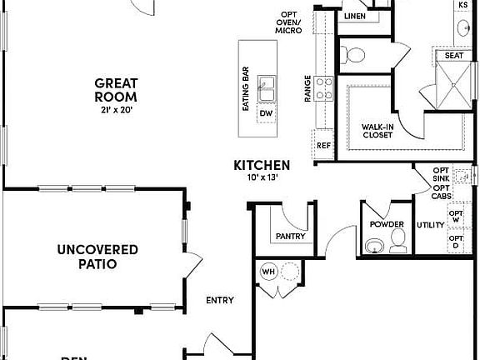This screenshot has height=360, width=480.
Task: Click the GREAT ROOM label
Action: (115, 89)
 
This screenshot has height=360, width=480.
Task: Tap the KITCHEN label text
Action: (262, 166)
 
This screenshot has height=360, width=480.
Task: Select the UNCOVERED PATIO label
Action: (97, 257)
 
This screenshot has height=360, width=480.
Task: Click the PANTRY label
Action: (290, 236)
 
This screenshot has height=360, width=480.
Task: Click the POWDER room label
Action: (388, 225)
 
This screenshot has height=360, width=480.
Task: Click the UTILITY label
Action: (431, 225)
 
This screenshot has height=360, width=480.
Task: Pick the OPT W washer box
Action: (456, 216)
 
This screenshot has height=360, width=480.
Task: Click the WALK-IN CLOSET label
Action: (377, 132)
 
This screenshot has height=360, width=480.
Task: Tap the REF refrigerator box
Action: (324, 146)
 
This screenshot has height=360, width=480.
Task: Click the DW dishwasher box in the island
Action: (266, 113)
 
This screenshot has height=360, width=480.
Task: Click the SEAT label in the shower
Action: (453, 56)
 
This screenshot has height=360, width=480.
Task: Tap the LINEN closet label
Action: (354, 16)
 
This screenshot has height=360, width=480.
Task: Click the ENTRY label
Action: (220, 300)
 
